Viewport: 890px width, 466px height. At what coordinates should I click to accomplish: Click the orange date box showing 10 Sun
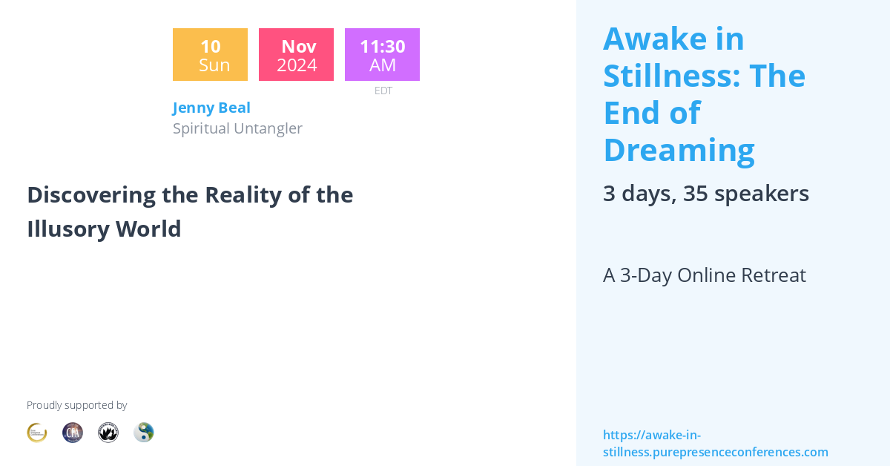(x=210, y=55)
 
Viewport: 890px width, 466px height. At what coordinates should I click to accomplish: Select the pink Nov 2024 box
(x=296, y=55)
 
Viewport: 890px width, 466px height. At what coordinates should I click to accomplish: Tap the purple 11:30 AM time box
(x=382, y=55)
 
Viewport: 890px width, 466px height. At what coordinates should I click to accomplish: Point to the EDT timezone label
(x=383, y=91)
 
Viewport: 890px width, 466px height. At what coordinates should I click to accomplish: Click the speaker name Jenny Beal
(x=211, y=108)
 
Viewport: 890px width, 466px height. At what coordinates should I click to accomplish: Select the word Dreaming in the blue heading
(x=679, y=150)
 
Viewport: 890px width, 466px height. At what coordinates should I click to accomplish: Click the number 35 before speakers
(x=695, y=194)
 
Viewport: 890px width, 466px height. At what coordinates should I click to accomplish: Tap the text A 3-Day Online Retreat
(x=704, y=275)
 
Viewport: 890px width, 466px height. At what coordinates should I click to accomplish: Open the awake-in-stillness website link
(x=715, y=444)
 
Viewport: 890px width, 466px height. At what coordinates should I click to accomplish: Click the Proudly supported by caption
(x=76, y=405)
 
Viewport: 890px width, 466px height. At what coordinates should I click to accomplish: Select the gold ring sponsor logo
(x=37, y=433)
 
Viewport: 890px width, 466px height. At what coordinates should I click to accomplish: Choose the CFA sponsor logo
(x=73, y=433)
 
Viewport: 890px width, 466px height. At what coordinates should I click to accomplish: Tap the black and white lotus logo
(x=108, y=433)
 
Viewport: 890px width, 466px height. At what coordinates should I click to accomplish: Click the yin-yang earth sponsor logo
(x=144, y=433)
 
